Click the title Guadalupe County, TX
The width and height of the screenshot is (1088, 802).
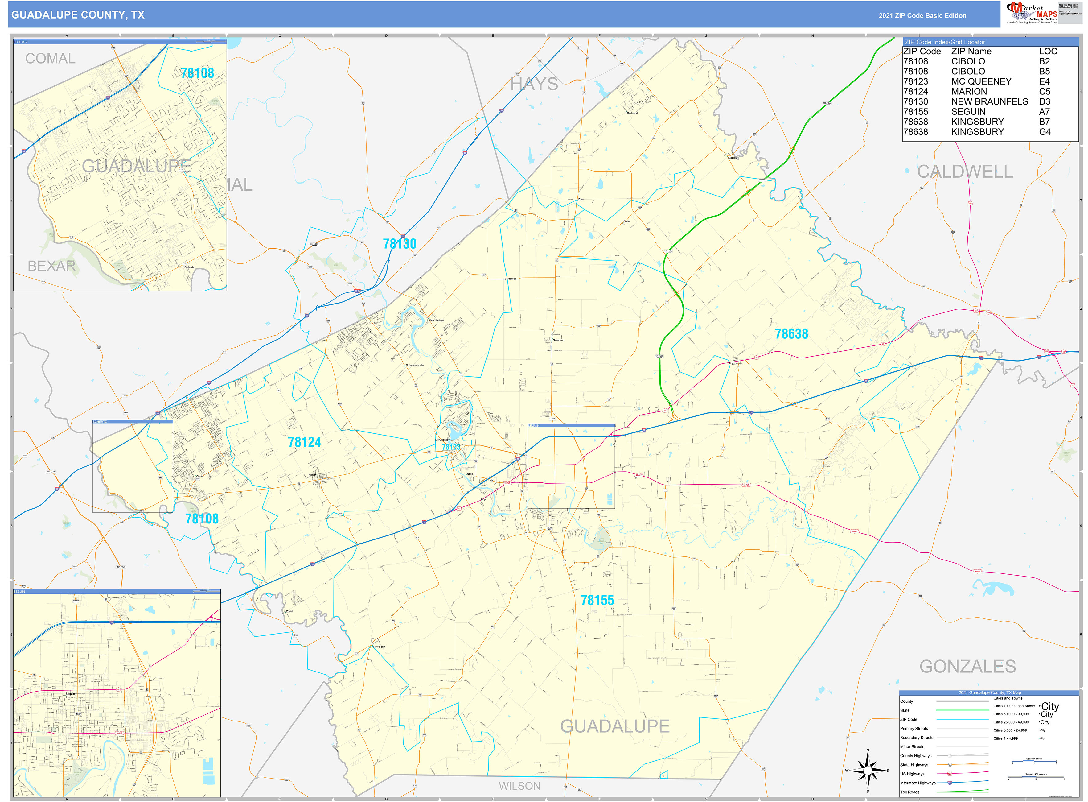(x=78, y=15)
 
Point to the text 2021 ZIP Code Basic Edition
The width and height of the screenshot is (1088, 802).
(x=922, y=15)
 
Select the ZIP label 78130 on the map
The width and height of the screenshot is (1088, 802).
(x=399, y=244)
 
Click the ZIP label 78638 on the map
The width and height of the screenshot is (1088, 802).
(x=791, y=334)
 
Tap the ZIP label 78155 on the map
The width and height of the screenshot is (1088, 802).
(x=597, y=601)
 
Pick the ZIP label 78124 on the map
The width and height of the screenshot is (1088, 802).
(x=304, y=442)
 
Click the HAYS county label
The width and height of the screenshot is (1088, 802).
(x=534, y=85)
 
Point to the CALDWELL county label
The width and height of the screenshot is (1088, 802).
(x=965, y=172)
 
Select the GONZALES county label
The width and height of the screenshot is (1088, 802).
(x=967, y=667)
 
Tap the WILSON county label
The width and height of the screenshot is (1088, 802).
(x=519, y=786)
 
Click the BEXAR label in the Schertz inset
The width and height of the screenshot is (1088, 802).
(x=51, y=266)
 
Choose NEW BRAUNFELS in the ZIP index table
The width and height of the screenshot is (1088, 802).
(x=989, y=101)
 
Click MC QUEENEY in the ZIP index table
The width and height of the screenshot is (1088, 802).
(x=981, y=81)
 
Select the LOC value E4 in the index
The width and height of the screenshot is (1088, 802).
(x=1044, y=81)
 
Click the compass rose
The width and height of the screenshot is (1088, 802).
(x=867, y=771)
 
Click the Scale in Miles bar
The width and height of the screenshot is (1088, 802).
(x=1034, y=762)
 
